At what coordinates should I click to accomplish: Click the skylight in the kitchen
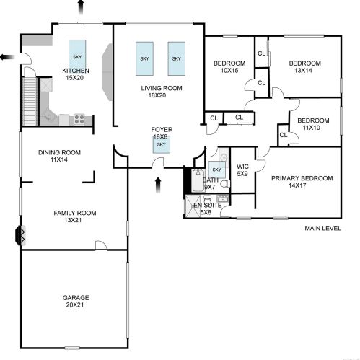point(77,57)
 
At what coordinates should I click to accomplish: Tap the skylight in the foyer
point(162,144)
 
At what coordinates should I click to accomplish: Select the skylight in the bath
point(216,170)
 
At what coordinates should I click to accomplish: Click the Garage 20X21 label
point(76,301)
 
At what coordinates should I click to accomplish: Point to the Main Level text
point(322,228)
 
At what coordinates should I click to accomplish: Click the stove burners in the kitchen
point(79,119)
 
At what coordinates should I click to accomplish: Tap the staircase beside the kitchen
point(30,101)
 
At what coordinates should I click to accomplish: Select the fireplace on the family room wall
point(19,235)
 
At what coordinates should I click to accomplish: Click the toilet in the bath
point(225,184)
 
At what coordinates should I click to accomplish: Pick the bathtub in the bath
point(198,180)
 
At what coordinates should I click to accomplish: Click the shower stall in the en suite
point(193,206)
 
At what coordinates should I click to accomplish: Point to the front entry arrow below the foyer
point(158,185)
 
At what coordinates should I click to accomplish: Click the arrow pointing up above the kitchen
point(81,7)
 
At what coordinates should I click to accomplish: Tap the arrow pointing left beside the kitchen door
point(8,57)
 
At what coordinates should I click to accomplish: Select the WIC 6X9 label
point(242,170)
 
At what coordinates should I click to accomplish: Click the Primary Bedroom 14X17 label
point(302,182)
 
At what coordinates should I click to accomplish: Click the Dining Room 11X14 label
point(59,156)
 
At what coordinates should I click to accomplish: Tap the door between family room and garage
point(101,245)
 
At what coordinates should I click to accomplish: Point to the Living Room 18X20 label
point(162,92)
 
